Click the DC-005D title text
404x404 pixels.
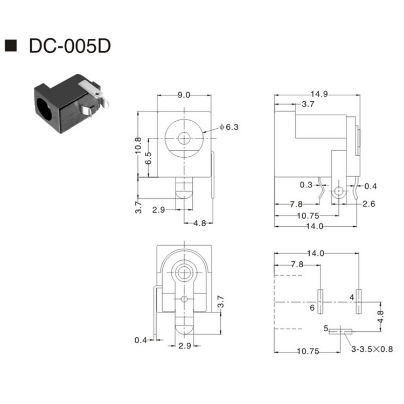tap(69, 45)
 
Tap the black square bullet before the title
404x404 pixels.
tap(10, 45)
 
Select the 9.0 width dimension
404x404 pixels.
tap(184, 95)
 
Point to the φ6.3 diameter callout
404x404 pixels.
tap(229, 127)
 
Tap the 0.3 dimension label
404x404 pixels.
tap(306, 185)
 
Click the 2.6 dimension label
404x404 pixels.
tap(368, 204)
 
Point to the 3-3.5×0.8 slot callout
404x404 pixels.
tap(371, 349)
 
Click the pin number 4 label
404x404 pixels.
tap(352, 297)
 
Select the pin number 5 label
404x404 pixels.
tap(325, 328)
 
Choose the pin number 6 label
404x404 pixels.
tap(312, 308)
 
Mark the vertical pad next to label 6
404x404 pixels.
tap(320, 302)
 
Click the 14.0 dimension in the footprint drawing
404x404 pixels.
tap(316, 253)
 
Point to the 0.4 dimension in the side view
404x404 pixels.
tap(371, 186)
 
